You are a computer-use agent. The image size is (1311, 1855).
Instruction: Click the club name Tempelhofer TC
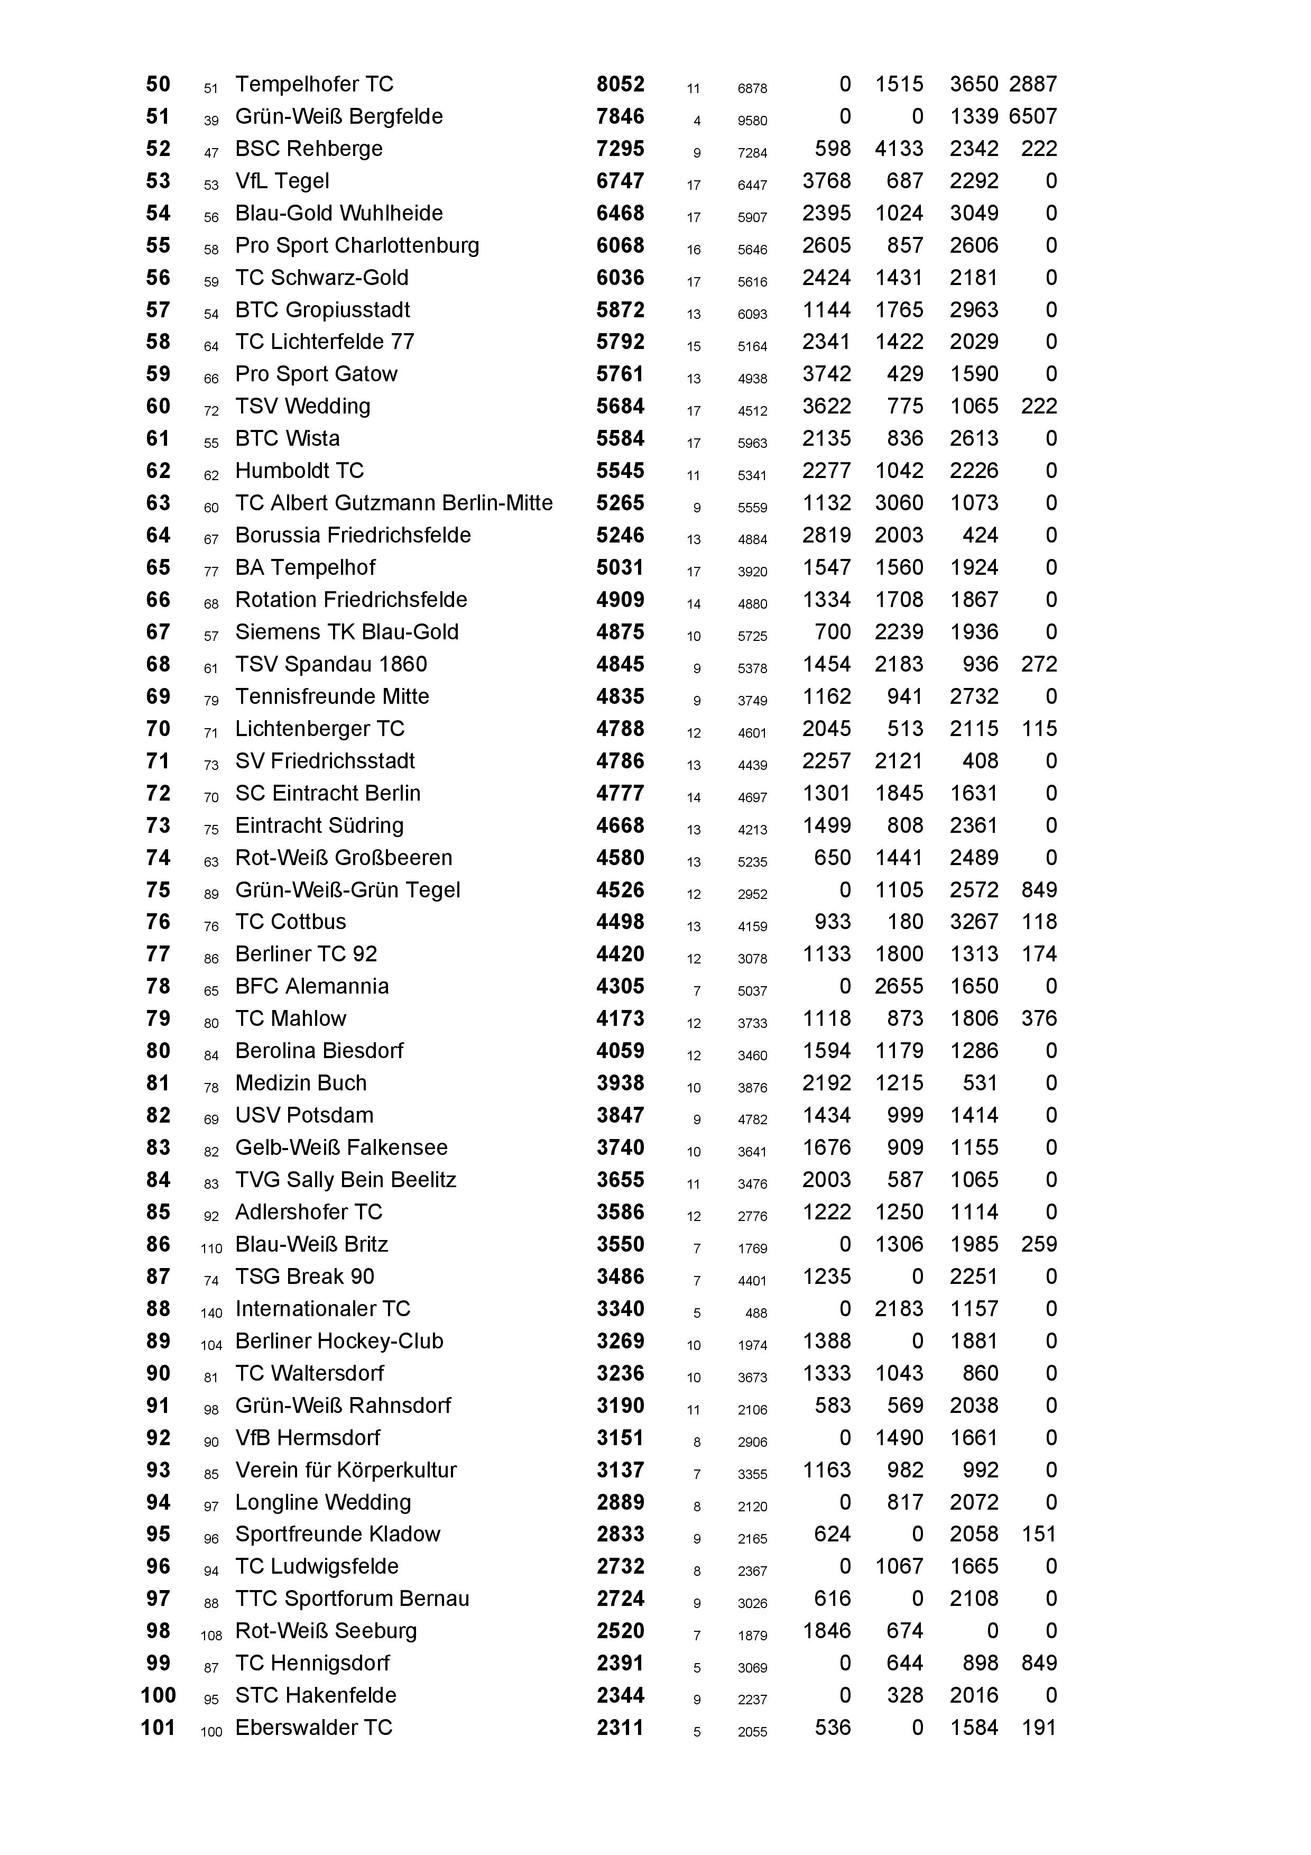(x=313, y=84)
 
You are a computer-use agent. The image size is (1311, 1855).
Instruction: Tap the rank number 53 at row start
(x=158, y=181)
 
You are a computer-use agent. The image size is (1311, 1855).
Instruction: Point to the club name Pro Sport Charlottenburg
(x=356, y=245)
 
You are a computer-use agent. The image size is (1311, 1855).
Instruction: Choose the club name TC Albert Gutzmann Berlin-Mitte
(x=393, y=503)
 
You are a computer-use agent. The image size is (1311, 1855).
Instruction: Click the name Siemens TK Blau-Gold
(x=347, y=632)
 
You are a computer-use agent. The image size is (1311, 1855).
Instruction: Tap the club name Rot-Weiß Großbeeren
(x=343, y=858)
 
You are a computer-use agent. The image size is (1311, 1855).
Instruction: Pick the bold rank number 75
(x=158, y=890)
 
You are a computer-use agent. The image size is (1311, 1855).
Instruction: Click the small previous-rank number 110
(x=211, y=1249)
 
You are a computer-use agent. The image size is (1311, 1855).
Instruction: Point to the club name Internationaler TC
(x=322, y=1309)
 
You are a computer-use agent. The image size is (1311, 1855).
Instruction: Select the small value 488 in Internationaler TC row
(x=756, y=1314)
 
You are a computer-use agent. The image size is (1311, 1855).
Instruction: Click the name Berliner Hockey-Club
(x=339, y=1341)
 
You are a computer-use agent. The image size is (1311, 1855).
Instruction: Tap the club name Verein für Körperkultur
(x=346, y=1471)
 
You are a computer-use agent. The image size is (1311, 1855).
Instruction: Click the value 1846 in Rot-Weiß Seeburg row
(x=826, y=1631)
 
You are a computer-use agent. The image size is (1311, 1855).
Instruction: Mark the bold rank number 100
(x=158, y=1696)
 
